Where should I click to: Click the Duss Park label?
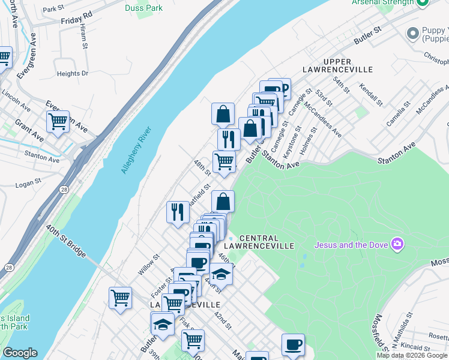143,8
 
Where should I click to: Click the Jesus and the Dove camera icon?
397,244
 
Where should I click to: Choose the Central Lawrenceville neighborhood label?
259,242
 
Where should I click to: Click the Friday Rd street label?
76,17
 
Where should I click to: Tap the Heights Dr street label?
72,74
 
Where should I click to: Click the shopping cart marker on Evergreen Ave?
58,122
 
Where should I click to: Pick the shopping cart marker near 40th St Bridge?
120,298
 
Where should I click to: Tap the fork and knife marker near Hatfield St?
178,212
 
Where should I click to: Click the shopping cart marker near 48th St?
224,161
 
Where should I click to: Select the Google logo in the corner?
20,353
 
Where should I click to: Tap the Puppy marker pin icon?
413,33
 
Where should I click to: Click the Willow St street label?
148,265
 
